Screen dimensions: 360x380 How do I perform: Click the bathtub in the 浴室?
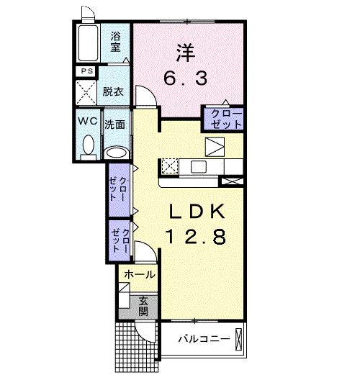tap(88, 43)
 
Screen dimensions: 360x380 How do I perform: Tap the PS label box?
tap(86, 71)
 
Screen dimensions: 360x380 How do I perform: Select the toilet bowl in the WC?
tap(89, 145)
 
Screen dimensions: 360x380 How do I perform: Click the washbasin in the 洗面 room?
tap(117, 153)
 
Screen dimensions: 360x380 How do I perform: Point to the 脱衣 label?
tap(113, 91)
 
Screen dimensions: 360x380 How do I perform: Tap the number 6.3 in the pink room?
tap(186, 78)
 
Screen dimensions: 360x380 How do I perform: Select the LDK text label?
tap(196, 212)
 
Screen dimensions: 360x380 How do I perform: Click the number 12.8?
tap(195, 237)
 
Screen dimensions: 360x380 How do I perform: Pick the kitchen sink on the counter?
tap(199, 167)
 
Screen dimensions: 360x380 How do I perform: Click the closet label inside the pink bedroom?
tap(226, 119)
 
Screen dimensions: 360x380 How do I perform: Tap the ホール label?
tap(140, 275)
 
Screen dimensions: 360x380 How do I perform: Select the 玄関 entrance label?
tap(143, 307)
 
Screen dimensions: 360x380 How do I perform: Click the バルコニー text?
tap(204, 338)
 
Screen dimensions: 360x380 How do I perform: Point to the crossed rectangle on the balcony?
tap(238, 339)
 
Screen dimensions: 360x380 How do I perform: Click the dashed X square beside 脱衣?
tap(86, 93)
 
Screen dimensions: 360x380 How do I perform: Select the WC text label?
tap(88, 121)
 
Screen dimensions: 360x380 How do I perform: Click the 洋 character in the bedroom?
tap(186, 53)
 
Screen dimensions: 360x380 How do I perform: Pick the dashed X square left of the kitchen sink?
tap(170, 166)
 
